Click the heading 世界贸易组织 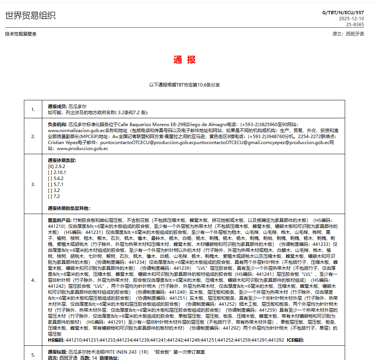(x=30, y=15)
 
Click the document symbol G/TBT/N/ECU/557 (x=343, y=13)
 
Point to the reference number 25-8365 (x=354, y=25)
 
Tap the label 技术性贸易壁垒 (x=21, y=34)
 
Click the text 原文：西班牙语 (x=348, y=34)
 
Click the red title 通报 (x=184, y=60)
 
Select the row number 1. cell (x=33, y=109)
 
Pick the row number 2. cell (x=33, y=136)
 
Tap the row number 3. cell (x=33, y=184)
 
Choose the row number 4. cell (x=33, y=280)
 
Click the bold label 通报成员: (x=58, y=107)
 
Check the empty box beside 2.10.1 (x=50, y=173)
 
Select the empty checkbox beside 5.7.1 (x=50, y=184)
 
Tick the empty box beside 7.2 (x=50, y=196)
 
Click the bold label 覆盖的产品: (x=60, y=220)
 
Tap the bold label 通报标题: (x=58, y=353)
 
